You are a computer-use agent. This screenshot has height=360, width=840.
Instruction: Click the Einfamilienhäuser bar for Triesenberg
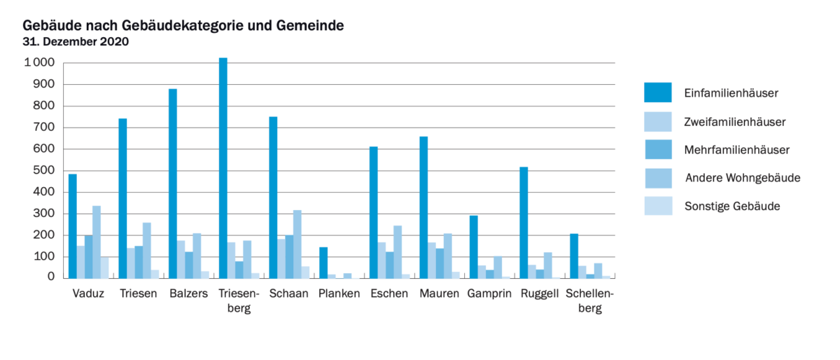pyautogui.click(x=223, y=168)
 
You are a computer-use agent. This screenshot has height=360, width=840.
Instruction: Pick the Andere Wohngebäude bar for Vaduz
pyautogui.click(x=97, y=242)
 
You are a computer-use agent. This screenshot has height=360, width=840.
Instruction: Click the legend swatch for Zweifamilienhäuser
pyautogui.click(x=657, y=122)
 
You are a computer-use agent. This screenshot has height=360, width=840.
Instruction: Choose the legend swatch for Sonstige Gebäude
pyautogui.click(x=657, y=206)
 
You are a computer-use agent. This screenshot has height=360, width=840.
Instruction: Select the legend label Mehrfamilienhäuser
pyautogui.click(x=736, y=150)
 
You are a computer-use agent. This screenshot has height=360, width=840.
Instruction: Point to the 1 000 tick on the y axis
pyautogui.click(x=38, y=63)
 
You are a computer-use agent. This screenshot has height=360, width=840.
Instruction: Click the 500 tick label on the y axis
pyautogui.click(x=44, y=171)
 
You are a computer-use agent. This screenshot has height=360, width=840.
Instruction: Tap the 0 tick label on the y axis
pyautogui.click(x=51, y=277)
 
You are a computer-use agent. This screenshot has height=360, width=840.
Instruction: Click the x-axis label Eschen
pyautogui.click(x=389, y=293)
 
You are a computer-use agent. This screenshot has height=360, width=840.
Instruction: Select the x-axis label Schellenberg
pyautogui.click(x=589, y=301)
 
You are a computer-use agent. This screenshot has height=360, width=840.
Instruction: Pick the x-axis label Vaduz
pyautogui.click(x=88, y=293)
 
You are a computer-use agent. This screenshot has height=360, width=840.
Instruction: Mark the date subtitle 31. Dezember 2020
pyautogui.click(x=76, y=41)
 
